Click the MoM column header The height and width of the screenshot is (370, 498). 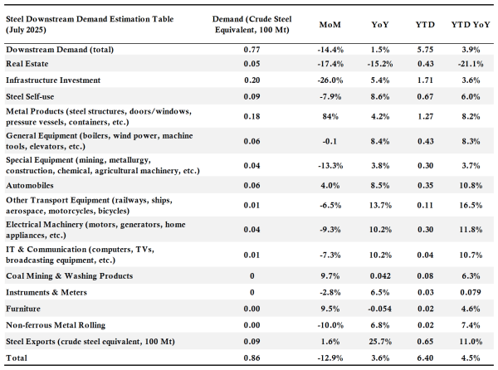(x=330, y=24)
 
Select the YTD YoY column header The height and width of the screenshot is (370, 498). (x=471, y=24)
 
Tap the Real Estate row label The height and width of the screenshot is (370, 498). (x=27, y=64)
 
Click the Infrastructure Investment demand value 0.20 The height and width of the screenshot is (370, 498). (x=251, y=80)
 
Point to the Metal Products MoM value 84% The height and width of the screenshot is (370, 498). (x=330, y=116)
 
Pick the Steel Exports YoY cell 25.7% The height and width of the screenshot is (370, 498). (x=380, y=342)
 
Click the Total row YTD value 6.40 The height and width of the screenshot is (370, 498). (x=425, y=358)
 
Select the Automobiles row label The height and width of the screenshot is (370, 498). (x=30, y=185)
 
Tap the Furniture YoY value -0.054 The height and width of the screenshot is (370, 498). (x=380, y=309)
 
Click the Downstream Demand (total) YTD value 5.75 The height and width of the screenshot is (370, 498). (x=425, y=50)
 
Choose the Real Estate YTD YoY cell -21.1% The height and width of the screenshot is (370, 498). (x=471, y=64)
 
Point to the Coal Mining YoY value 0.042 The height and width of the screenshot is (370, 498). (x=380, y=275)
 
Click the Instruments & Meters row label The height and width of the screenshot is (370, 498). (x=46, y=292)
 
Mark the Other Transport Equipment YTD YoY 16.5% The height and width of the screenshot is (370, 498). (x=471, y=205)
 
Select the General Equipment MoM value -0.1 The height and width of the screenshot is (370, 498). (x=330, y=141)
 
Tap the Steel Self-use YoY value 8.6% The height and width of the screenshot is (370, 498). (x=380, y=96)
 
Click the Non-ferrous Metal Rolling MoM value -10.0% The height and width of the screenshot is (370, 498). (x=330, y=325)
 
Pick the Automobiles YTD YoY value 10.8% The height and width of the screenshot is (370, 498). (x=471, y=185)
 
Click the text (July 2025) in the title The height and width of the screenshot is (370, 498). (x=26, y=30)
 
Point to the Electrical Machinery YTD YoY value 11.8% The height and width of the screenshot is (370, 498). (x=471, y=230)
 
